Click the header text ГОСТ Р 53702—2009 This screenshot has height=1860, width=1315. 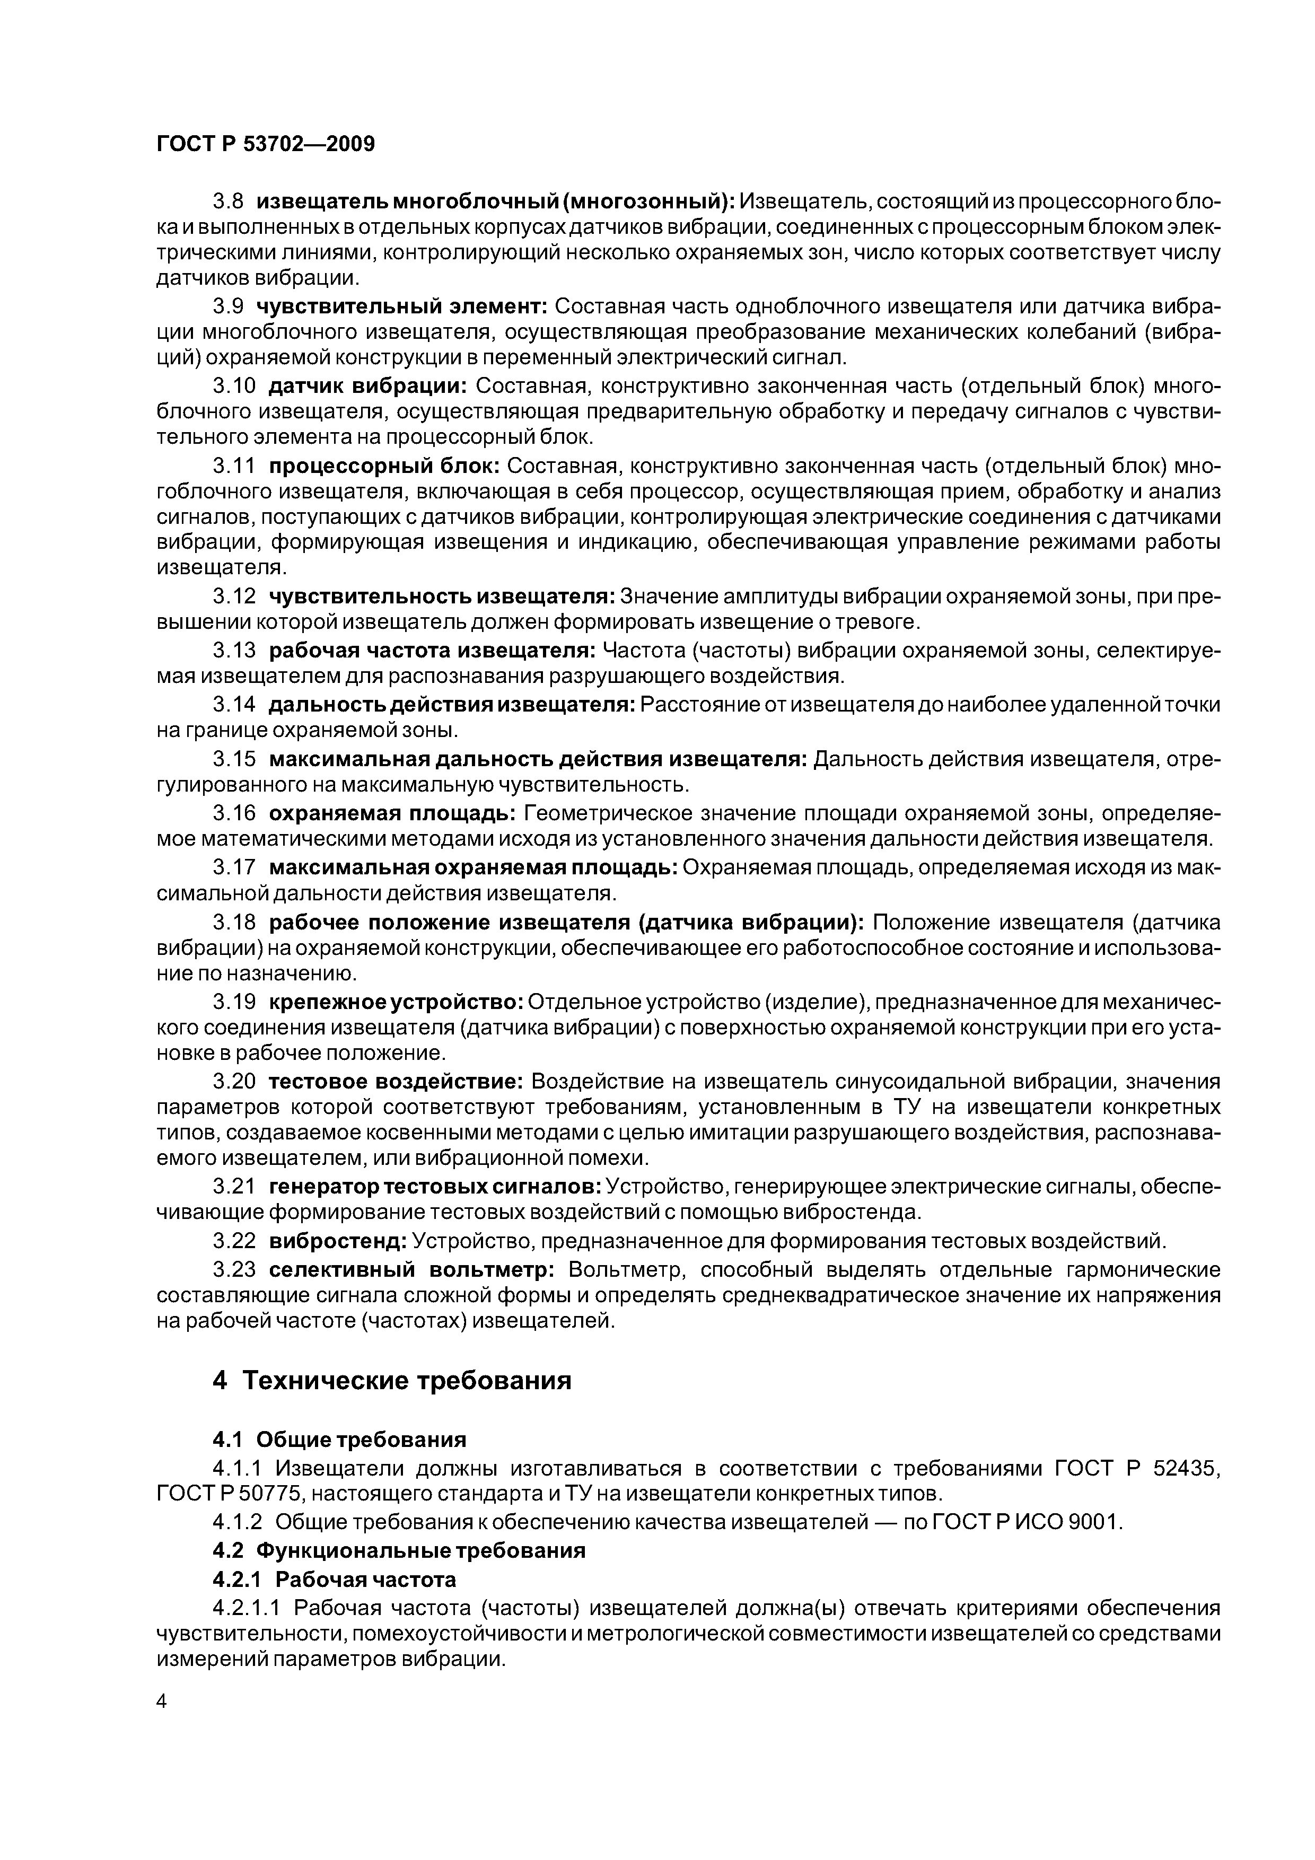(x=265, y=144)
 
